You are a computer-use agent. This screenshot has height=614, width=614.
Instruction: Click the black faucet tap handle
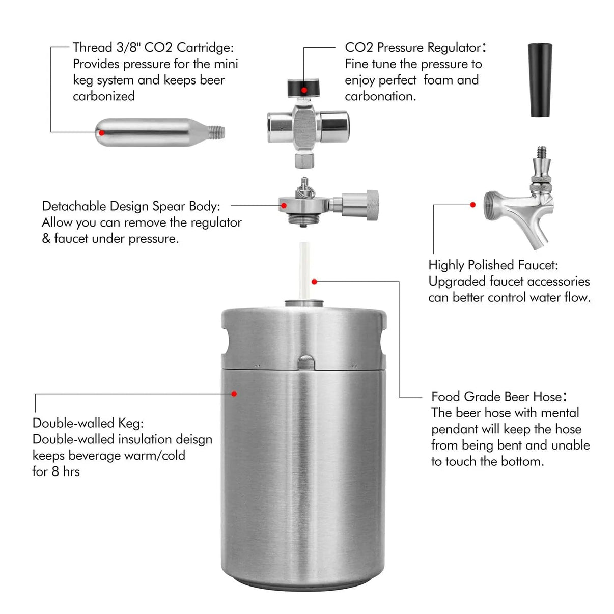(x=540, y=79)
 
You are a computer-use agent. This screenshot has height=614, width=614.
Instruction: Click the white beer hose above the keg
(x=304, y=270)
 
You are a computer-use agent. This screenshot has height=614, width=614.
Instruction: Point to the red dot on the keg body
(x=234, y=394)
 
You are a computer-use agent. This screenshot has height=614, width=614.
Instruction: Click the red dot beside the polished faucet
(x=473, y=205)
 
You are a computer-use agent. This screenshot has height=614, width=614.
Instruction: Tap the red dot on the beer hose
(x=315, y=282)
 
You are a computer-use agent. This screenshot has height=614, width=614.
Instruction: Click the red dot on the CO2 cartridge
(x=102, y=133)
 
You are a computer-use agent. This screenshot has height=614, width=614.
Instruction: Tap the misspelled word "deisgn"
(x=194, y=439)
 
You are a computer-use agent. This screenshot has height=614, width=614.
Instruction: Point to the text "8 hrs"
(x=66, y=472)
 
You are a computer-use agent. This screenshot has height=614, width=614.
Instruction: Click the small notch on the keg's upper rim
(x=306, y=362)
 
